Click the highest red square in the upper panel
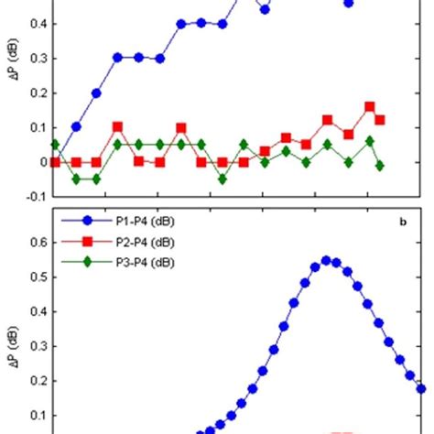click(370, 107)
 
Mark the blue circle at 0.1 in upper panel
click(76, 127)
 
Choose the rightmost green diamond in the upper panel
click(380, 166)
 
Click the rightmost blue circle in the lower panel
click(421, 388)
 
